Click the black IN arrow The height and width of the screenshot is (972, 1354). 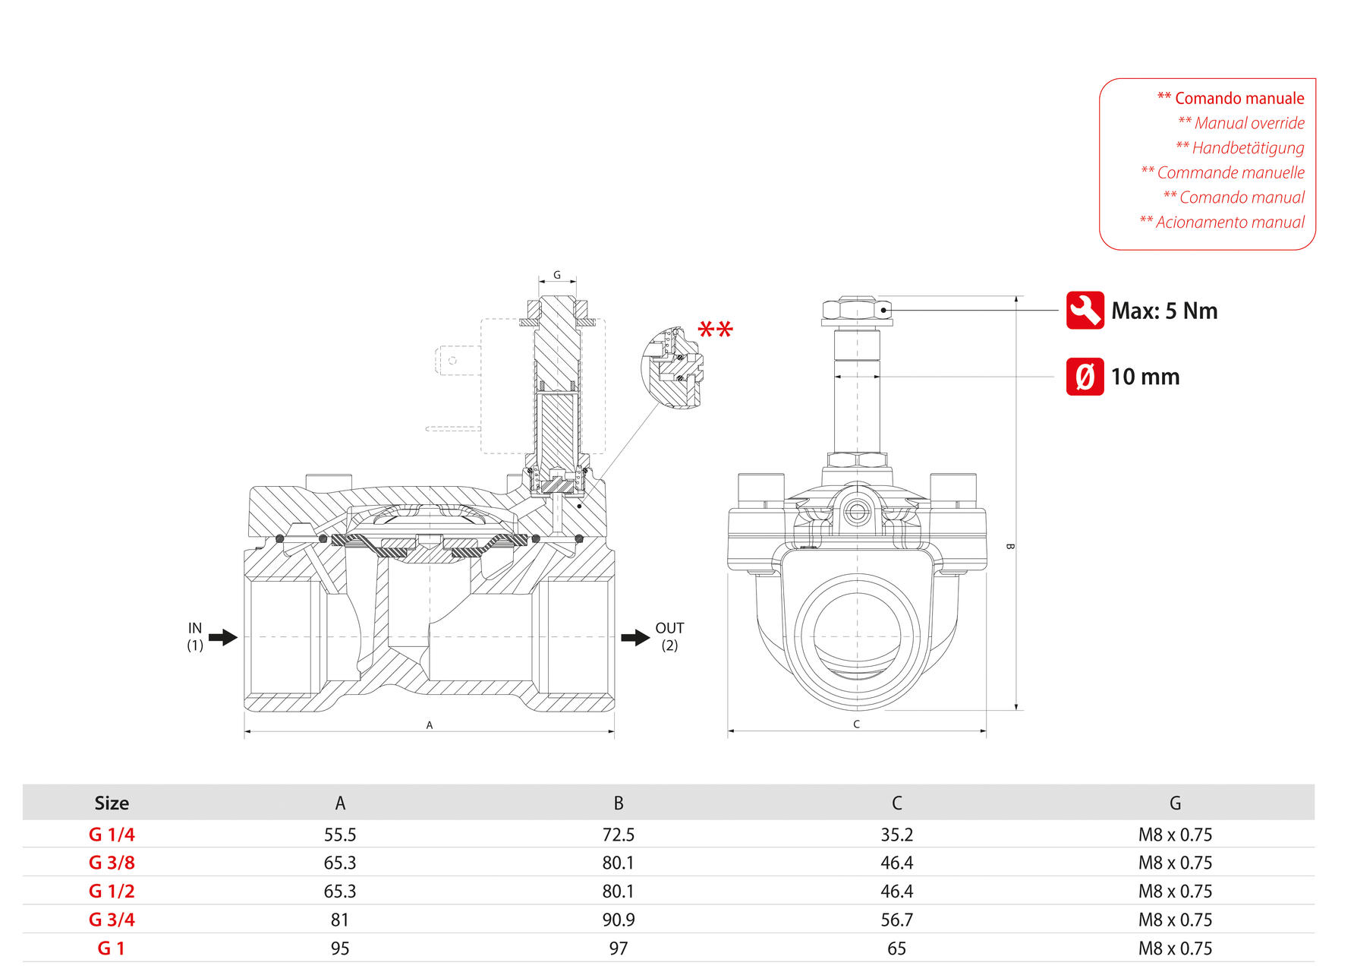coord(222,637)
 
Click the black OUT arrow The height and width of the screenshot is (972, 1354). coord(635,637)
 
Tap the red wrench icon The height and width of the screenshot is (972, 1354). coord(1085,310)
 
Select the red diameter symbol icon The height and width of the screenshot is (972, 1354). coord(1085,377)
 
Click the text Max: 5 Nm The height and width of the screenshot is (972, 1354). coord(1163,311)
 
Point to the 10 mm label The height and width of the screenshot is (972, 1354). coord(1145,377)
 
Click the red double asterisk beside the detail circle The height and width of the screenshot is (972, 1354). coord(715,330)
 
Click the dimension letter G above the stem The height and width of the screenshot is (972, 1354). coord(557,275)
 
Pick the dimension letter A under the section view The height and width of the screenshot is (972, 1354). coord(430,725)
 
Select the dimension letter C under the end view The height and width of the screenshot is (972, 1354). coord(856,724)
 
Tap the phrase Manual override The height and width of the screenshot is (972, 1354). coord(1249,123)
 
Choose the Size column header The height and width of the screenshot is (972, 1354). coord(112,803)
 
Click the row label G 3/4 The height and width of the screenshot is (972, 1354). coord(112,920)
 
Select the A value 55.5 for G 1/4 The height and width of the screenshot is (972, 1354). coord(340,835)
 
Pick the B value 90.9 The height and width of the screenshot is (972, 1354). coord(619,920)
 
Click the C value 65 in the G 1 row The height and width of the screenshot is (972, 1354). coord(896,948)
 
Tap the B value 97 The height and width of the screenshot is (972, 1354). coord(619,948)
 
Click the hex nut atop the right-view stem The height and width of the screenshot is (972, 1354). coord(856,310)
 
